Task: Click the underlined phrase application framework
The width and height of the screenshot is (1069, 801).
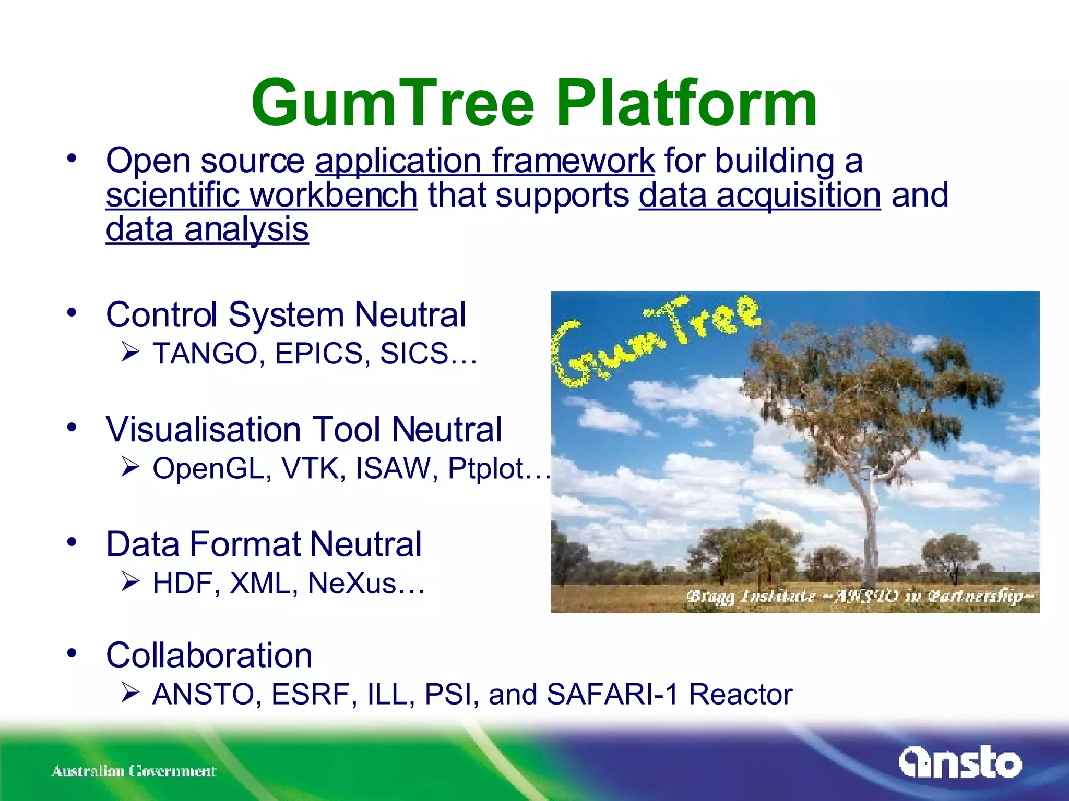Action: tap(484, 161)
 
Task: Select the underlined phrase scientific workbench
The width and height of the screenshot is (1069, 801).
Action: tap(262, 196)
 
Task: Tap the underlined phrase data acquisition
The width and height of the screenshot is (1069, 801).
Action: tap(759, 196)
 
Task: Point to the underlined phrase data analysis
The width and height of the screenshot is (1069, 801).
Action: tap(207, 230)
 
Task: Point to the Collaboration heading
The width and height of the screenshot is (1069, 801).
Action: tap(209, 656)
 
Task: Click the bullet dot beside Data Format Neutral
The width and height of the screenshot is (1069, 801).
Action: tap(72, 542)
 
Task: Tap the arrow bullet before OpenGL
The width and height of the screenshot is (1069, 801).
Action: tap(130, 466)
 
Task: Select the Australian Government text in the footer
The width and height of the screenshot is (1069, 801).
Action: tap(134, 771)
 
